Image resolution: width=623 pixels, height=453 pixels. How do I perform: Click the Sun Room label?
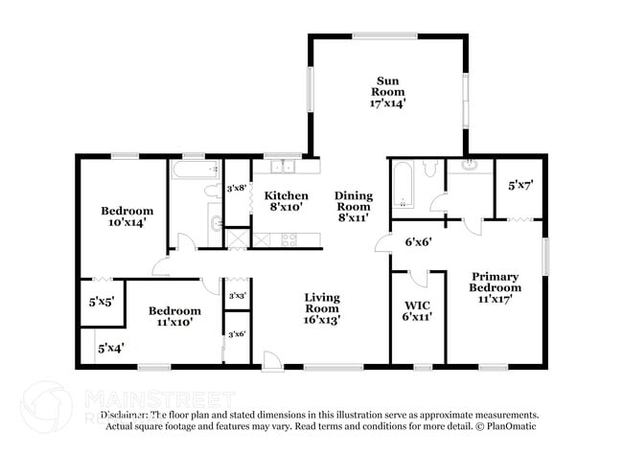[x=388, y=91]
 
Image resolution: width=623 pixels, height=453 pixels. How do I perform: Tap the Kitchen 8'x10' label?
[x=286, y=202]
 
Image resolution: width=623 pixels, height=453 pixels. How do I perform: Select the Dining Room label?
[x=353, y=206]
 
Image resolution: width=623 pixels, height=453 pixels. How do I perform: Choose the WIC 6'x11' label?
[x=418, y=310]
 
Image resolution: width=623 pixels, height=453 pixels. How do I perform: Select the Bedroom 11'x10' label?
[x=174, y=317]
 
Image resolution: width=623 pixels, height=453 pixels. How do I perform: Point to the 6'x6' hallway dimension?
[x=418, y=242]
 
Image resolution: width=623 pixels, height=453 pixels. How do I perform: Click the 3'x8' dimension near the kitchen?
[x=236, y=189]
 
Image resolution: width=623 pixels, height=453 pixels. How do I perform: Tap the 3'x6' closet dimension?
[x=236, y=333]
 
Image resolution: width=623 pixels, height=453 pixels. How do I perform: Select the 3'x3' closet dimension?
[x=236, y=296]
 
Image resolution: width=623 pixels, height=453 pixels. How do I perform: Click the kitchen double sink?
[x=282, y=168]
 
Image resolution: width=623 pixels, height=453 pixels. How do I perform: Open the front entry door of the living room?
[x=272, y=360]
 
